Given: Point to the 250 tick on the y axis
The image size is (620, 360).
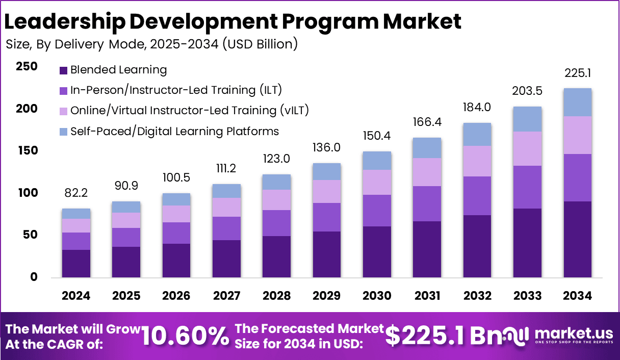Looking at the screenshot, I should click(27, 67).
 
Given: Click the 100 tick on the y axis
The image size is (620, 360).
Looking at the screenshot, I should click(27, 193).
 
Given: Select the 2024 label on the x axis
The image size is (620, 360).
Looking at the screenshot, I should click(76, 296).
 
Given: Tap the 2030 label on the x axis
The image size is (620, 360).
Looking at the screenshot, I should click(377, 296).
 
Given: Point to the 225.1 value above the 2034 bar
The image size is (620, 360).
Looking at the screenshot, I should click(578, 74).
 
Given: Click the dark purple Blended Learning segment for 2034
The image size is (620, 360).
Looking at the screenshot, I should click(578, 239).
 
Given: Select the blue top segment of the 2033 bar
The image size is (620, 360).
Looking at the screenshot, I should click(527, 119).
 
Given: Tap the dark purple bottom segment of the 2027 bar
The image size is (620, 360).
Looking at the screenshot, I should click(226, 259).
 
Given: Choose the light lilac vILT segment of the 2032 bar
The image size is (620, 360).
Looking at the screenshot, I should click(477, 161).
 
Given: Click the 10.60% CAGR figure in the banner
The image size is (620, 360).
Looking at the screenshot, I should click(185, 336).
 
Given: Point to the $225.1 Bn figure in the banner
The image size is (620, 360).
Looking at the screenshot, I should click(438, 336).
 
